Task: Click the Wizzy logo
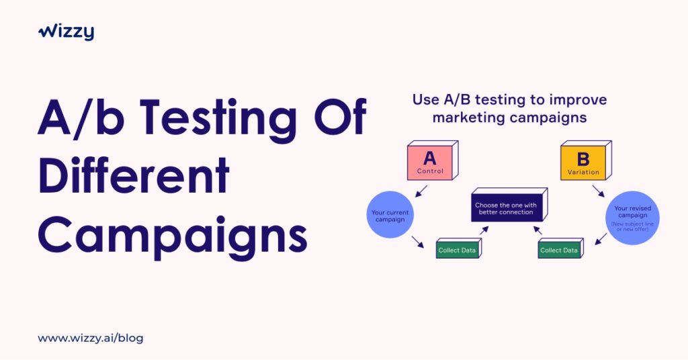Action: click(x=66, y=32)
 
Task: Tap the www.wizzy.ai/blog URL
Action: click(x=91, y=338)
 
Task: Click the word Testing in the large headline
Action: click(x=218, y=118)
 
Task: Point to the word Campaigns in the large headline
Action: click(x=173, y=237)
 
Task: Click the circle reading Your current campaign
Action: click(x=390, y=215)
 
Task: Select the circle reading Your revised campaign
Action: click(x=632, y=218)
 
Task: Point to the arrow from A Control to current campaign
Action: click(x=421, y=191)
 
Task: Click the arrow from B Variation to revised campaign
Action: click(x=599, y=191)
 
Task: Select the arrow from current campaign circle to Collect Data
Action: click(x=418, y=242)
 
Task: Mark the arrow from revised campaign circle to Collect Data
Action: click(x=601, y=239)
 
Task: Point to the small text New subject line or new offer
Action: click(x=632, y=226)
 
